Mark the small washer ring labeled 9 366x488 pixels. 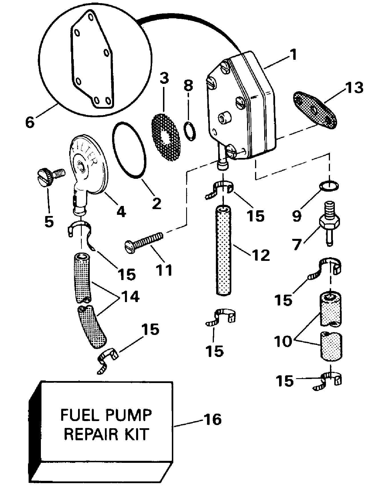coord(329,186)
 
